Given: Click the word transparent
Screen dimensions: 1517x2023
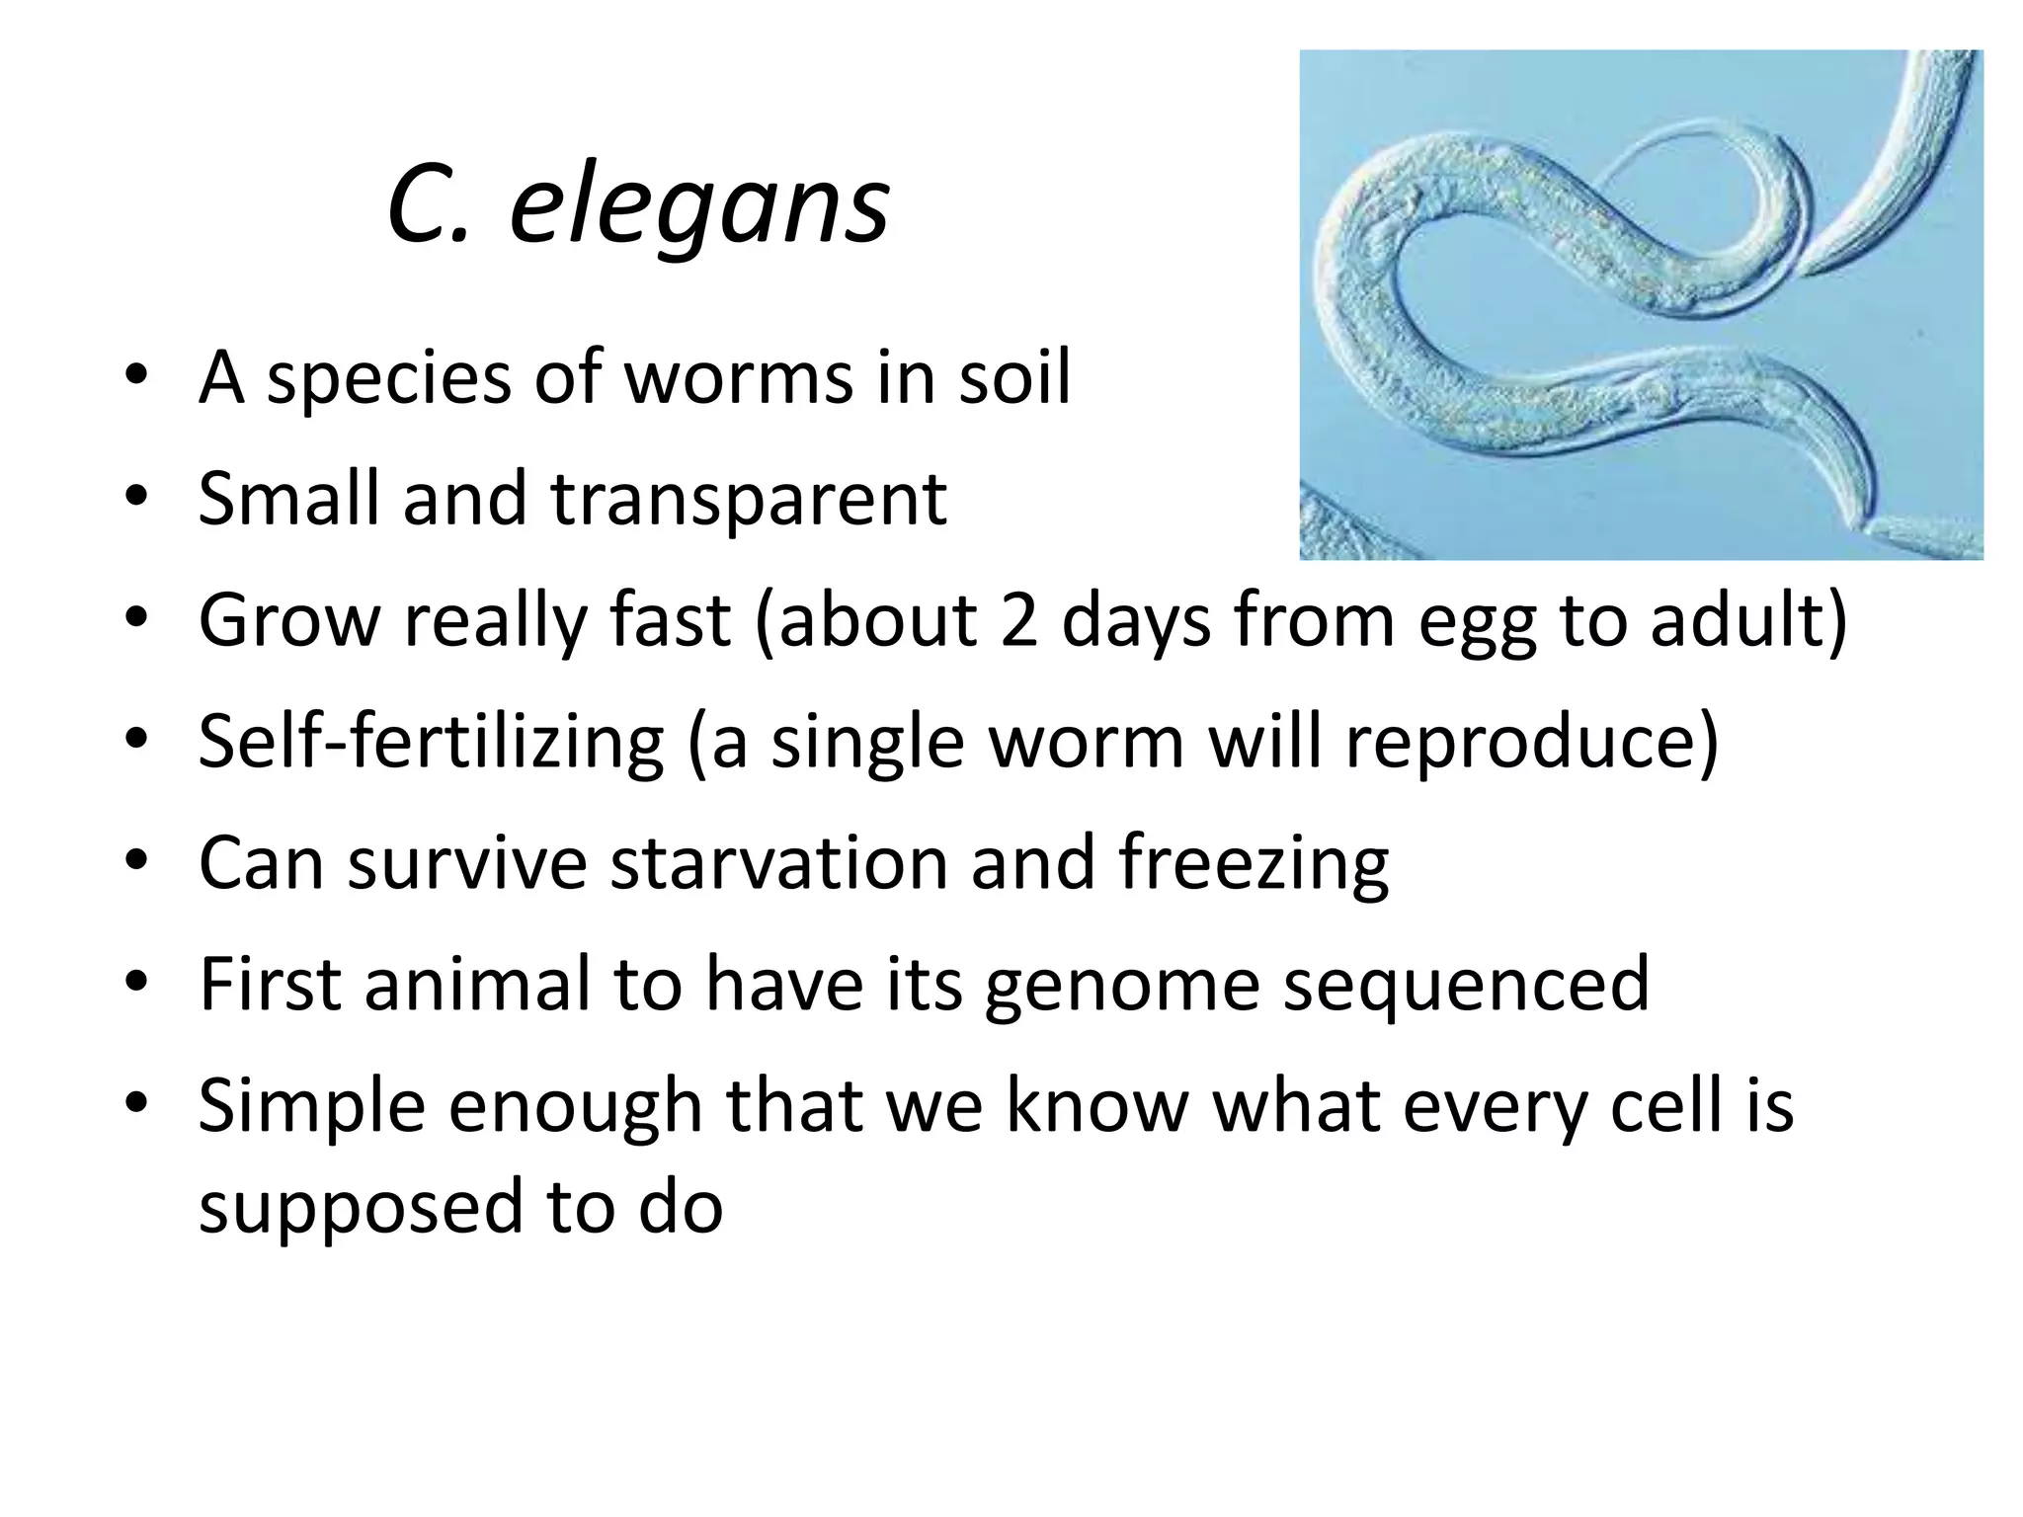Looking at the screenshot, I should click(748, 500).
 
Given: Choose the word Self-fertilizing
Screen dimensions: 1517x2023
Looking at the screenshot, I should click(432, 743).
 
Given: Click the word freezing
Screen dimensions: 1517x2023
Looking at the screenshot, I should click(1254, 865).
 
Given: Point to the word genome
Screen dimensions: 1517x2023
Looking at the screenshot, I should click(1122, 986).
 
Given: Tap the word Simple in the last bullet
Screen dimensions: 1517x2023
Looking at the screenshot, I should click(311, 1107).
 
